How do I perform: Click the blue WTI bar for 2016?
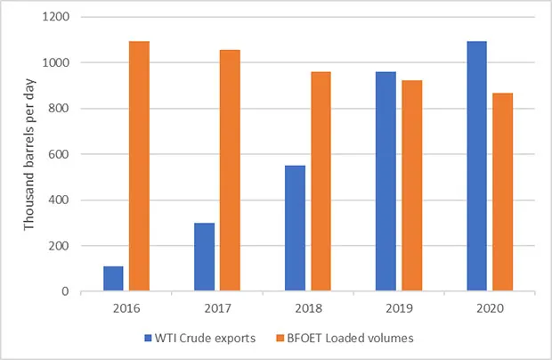tap(113, 278)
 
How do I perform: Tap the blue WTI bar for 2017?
tap(204, 257)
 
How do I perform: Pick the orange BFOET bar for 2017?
tap(230, 170)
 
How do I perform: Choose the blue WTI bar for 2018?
tap(295, 228)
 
